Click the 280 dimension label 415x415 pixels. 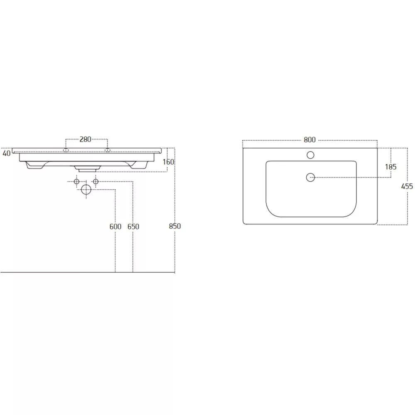click(x=85, y=139)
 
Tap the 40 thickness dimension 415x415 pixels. click(x=6, y=153)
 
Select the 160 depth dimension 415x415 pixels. click(x=168, y=162)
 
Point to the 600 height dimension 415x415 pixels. click(x=115, y=227)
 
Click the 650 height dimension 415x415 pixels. click(x=133, y=227)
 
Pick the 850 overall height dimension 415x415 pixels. click(x=175, y=226)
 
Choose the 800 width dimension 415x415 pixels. click(x=310, y=140)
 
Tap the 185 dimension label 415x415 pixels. click(x=391, y=167)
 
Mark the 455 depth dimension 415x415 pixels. click(x=407, y=186)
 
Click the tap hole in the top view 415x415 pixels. click(x=310, y=155)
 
